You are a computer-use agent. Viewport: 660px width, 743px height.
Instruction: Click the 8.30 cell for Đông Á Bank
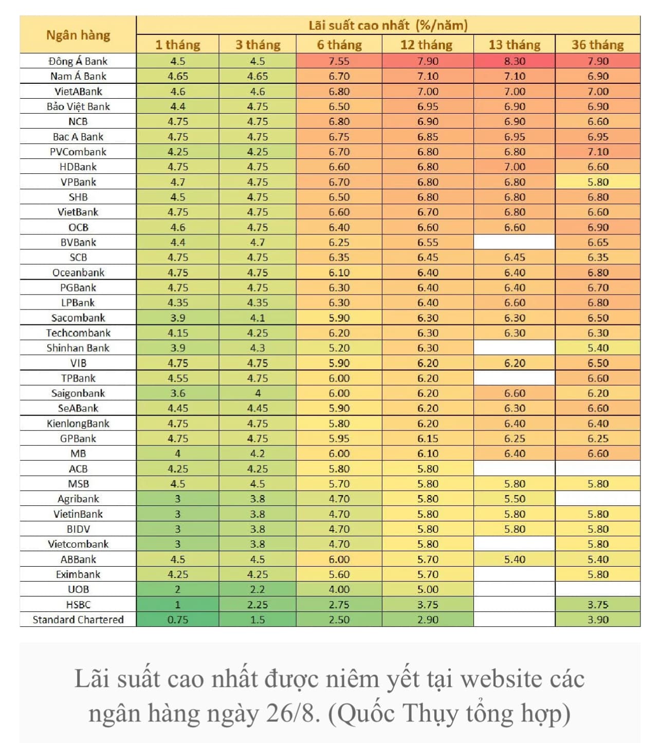tap(515, 61)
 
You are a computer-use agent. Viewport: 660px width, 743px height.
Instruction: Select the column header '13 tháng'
tap(515, 45)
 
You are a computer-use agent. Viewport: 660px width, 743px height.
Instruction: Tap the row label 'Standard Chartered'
tap(78, 620)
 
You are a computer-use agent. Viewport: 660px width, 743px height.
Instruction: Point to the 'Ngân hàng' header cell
tap(78, 35)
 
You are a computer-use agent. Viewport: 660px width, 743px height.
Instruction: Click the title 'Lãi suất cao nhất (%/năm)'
tap(388, 25)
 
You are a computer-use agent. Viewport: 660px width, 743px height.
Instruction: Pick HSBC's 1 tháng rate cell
tap(178, 605)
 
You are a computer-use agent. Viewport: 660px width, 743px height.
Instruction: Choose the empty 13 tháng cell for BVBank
tap(515, 242)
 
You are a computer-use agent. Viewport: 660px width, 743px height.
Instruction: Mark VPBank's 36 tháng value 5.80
tap(598, 182)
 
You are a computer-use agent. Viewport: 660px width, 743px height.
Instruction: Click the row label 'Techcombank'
tap(78, 333)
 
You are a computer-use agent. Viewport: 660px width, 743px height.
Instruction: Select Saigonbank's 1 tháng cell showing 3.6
tap(178, 393)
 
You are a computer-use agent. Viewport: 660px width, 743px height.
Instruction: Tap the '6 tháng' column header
tap(339, 45)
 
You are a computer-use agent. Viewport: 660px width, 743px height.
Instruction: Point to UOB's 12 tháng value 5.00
tap(428, 589)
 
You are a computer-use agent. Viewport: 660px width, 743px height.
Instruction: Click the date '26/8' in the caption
tap(290, 713)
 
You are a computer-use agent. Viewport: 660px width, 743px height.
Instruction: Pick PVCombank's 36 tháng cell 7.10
tap(598, 152)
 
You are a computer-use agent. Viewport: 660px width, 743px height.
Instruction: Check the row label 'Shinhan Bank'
tap(78, 348)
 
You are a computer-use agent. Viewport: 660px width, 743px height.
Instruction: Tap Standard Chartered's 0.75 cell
tap(178, 620)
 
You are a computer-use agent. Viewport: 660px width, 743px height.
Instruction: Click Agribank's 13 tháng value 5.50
tap(515, 499)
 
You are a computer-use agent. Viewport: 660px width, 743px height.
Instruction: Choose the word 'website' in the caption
tap(502, 679)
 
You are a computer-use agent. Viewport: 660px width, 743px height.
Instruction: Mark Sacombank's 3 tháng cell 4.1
tap(258, 318)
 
